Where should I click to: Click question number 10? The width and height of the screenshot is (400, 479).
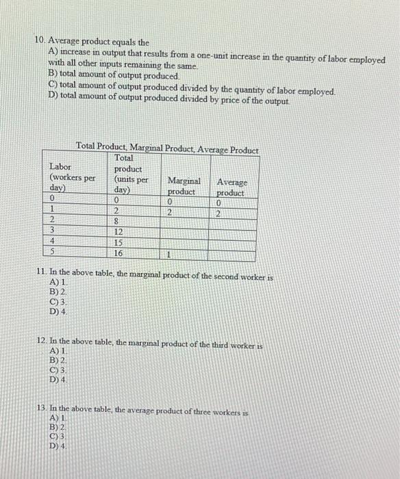click(39, 42)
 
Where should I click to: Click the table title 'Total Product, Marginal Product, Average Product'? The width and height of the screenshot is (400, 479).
click(167, 146)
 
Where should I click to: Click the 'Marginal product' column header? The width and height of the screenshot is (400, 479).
click(183, 186)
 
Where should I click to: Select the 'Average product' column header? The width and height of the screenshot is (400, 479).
click(233, 187)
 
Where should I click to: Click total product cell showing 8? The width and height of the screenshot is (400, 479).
click(117, 222)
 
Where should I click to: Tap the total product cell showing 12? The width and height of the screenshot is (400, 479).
click(118, 233)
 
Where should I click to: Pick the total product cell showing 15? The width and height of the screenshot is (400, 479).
click(118, 243)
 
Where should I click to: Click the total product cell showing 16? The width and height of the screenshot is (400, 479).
click(118, 253)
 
